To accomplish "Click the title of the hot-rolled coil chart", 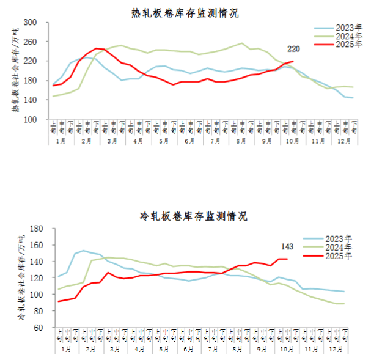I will coord(185,12).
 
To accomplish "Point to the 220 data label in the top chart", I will coord(294,49).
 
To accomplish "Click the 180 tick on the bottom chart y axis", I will coord(34,229).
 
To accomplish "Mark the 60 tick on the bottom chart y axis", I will coord(36,328).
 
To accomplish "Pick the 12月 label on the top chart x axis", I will coord(343,141).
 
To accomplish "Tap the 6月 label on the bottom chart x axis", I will coord(188,349).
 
